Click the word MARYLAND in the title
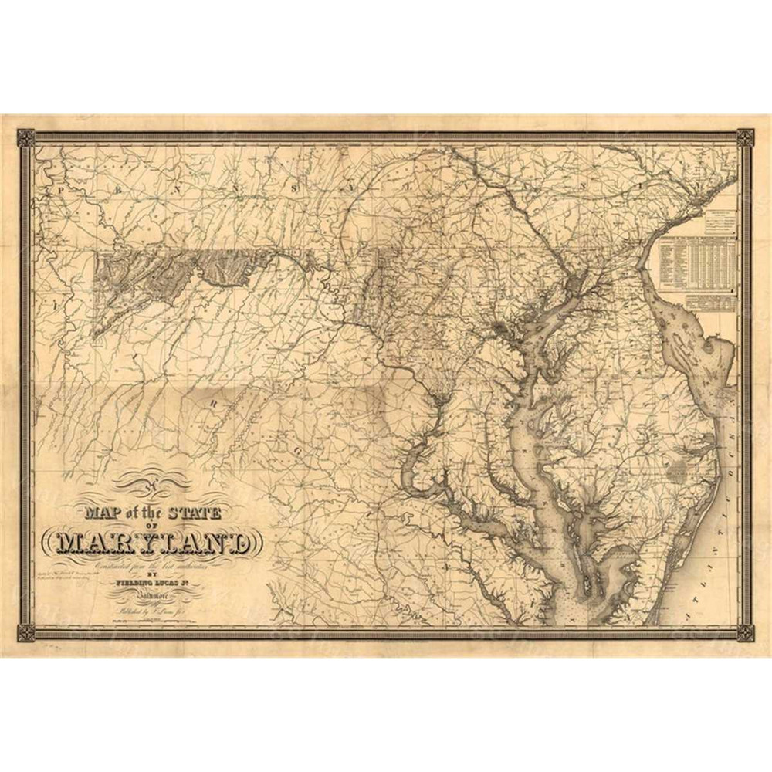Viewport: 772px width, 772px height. (x=154, y=542)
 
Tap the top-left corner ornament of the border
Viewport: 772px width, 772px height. (x=26, y=138)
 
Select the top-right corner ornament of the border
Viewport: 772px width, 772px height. (x=745, y=138)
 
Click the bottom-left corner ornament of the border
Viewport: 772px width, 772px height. (x=26, y=633)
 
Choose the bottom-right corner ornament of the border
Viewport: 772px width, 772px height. (x=745, y=633)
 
